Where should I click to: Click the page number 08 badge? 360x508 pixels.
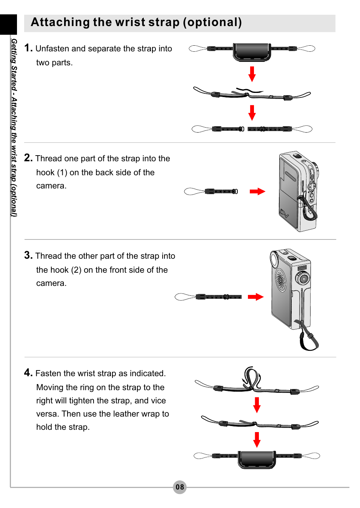[x=180, y=487]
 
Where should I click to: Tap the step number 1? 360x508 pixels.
[x=28, y=48]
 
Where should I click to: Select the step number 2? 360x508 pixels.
[x=28, y=158]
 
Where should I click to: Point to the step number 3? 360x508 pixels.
[x=28, y=255]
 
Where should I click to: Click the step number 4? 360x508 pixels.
[x=28, y=373]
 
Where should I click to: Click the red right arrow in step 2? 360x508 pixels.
[x=257, y=191]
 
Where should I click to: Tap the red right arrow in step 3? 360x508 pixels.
[x=255, y=297]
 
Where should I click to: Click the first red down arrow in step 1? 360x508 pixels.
[x=252, y=74]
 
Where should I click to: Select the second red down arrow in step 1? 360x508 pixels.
[x=252, y=113]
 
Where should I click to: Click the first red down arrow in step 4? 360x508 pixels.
[x=257, y=405]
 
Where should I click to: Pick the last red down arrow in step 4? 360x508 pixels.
[x=257, y=440]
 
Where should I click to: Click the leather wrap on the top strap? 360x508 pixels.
[x=252, y=52]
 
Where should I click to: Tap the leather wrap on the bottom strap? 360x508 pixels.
[x=257, y=459]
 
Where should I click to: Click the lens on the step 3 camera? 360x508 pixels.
[x=302, y=279]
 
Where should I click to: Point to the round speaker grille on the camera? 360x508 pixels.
[x=280, y=280]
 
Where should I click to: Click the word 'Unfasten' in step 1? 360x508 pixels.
[x=52, y=49]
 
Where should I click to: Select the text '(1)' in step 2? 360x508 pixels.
[x=62, y=173]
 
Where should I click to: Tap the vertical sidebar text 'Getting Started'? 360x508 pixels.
[x=14, y=64]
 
